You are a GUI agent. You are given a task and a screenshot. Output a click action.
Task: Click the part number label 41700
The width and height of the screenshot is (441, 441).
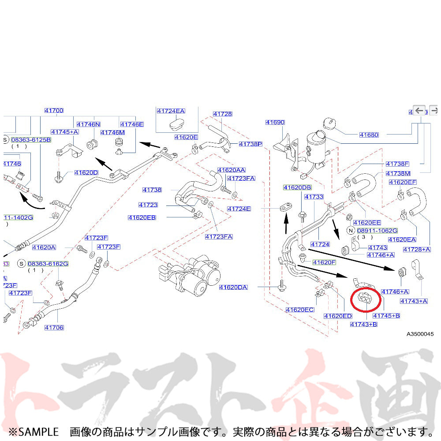click(54, 111)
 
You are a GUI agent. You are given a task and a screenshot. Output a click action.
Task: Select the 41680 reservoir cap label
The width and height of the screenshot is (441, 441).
click(369, 135)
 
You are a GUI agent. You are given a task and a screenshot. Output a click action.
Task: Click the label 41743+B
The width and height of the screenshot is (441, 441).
click(364, 324)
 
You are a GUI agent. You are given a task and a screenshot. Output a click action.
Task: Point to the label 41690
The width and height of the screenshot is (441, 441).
click(275, 122)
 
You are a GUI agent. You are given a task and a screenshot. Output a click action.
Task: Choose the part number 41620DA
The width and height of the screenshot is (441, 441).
click(233, 288)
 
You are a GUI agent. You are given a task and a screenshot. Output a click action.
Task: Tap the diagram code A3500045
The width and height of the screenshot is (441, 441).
click(420, 334)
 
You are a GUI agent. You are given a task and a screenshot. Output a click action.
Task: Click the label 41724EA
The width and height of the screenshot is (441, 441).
click(171, 111)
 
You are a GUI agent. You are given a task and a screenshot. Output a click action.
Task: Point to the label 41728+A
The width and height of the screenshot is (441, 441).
click(417, 250)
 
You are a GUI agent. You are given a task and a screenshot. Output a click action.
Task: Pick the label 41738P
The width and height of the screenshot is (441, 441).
click(250, 144)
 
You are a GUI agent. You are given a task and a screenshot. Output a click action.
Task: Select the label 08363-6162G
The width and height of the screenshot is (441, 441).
click(48, 264)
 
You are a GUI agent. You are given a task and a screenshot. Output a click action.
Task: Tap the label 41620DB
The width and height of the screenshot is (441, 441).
click(297, 187)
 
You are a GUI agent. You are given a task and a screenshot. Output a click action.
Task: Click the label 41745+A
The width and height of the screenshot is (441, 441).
click(64, 132)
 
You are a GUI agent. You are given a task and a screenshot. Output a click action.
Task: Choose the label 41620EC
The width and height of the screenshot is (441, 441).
click(299, 310)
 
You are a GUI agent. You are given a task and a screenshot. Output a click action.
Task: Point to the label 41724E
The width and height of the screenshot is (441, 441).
click(239, 209)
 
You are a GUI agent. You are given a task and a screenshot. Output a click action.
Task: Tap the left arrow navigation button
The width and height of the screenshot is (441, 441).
click(419, 110)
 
